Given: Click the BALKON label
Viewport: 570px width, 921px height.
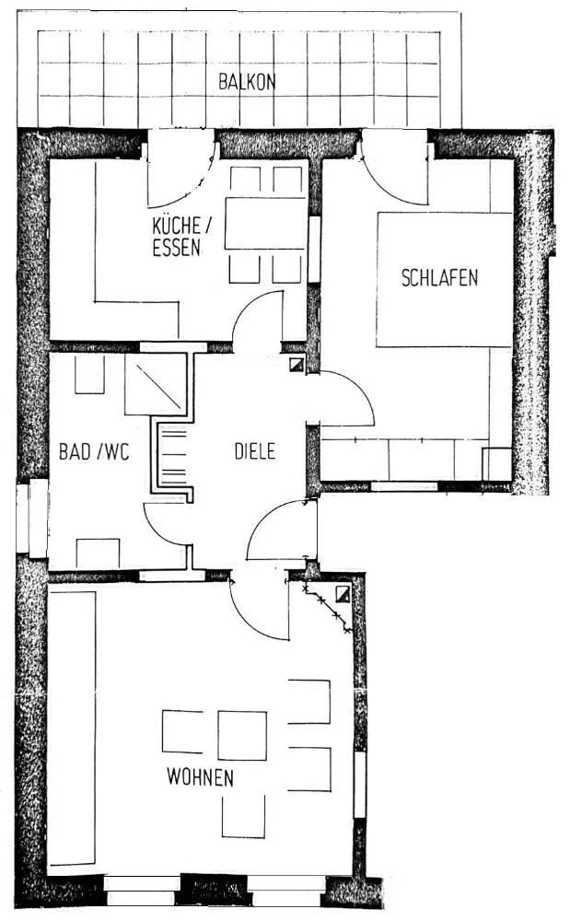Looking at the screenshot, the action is [x=247, y=82].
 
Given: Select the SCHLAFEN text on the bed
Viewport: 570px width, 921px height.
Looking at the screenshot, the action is [x=439, y=278].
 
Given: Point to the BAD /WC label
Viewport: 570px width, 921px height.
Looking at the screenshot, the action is [x=94, y=451].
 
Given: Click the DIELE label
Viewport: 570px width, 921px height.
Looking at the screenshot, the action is [x=255, y=451].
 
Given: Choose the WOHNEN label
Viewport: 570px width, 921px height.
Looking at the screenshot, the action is [x=200, y=777].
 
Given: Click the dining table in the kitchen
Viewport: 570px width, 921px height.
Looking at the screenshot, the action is [x=265, y=223].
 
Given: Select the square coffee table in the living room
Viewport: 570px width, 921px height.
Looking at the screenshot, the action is [x=242, y=735].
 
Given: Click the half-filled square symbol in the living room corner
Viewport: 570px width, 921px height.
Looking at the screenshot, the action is [x=343, y=594].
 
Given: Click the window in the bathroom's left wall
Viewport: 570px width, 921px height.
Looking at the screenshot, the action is [x=32, y=518].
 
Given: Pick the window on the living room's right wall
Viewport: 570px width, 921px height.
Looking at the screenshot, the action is [x=360, y=784].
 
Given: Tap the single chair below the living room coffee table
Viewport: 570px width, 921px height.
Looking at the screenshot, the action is [x=243, y=816].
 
